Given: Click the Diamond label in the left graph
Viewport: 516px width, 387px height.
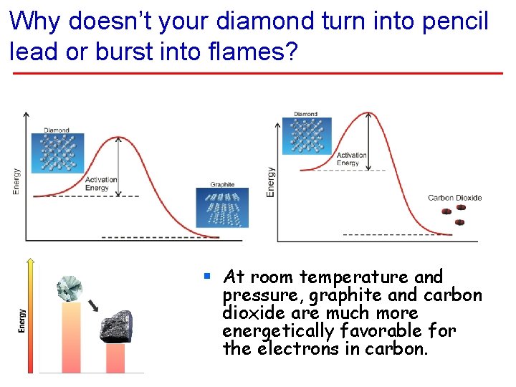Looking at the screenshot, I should point(57,130).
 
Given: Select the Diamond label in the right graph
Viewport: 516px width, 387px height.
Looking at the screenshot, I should point(305,114).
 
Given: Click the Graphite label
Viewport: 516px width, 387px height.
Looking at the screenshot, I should point(222,184).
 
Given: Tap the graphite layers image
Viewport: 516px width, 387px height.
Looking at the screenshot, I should point(222,208).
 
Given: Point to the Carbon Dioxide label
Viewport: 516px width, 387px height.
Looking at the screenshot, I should point(454,198).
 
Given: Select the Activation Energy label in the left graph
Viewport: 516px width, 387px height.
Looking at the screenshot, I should point(101,184).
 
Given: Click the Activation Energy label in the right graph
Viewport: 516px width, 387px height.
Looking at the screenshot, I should point(351,159).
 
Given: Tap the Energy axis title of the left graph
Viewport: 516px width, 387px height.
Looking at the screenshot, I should point(16,181).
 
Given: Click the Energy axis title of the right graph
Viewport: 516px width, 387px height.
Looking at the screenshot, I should point(270,182).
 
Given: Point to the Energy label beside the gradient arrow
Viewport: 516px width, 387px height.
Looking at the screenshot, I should point(21,320).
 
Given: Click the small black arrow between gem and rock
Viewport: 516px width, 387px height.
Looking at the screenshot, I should point(94,307).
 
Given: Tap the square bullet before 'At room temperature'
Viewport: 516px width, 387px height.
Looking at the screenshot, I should point(206,275).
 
